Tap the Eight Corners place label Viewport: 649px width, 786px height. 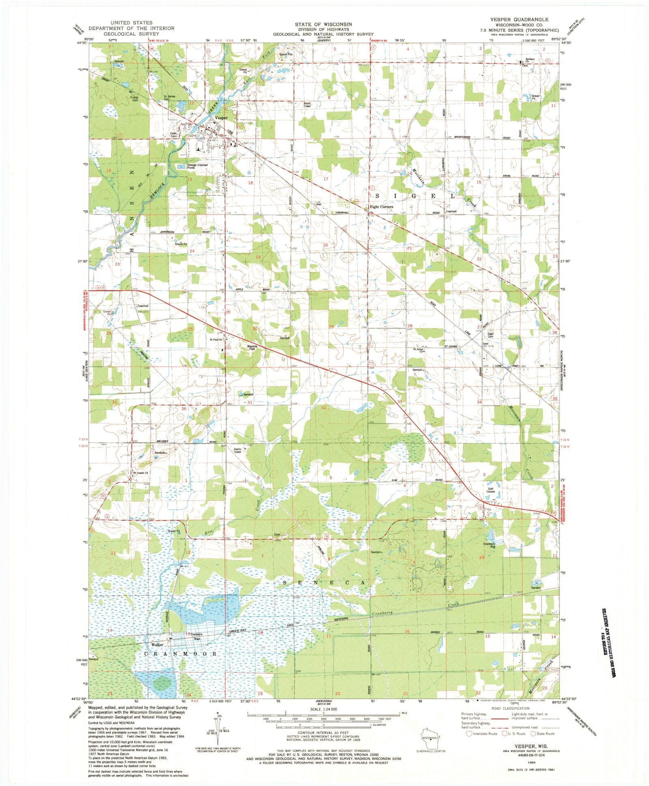point(381,207)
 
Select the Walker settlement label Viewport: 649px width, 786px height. point(157,645)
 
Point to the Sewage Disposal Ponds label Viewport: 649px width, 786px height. point(197,167)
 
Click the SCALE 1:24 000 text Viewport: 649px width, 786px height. point(323,709)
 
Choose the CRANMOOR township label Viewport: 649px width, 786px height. point(181,654)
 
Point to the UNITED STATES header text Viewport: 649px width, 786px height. point(131,23)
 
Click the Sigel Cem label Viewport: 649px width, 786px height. point(490,336)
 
